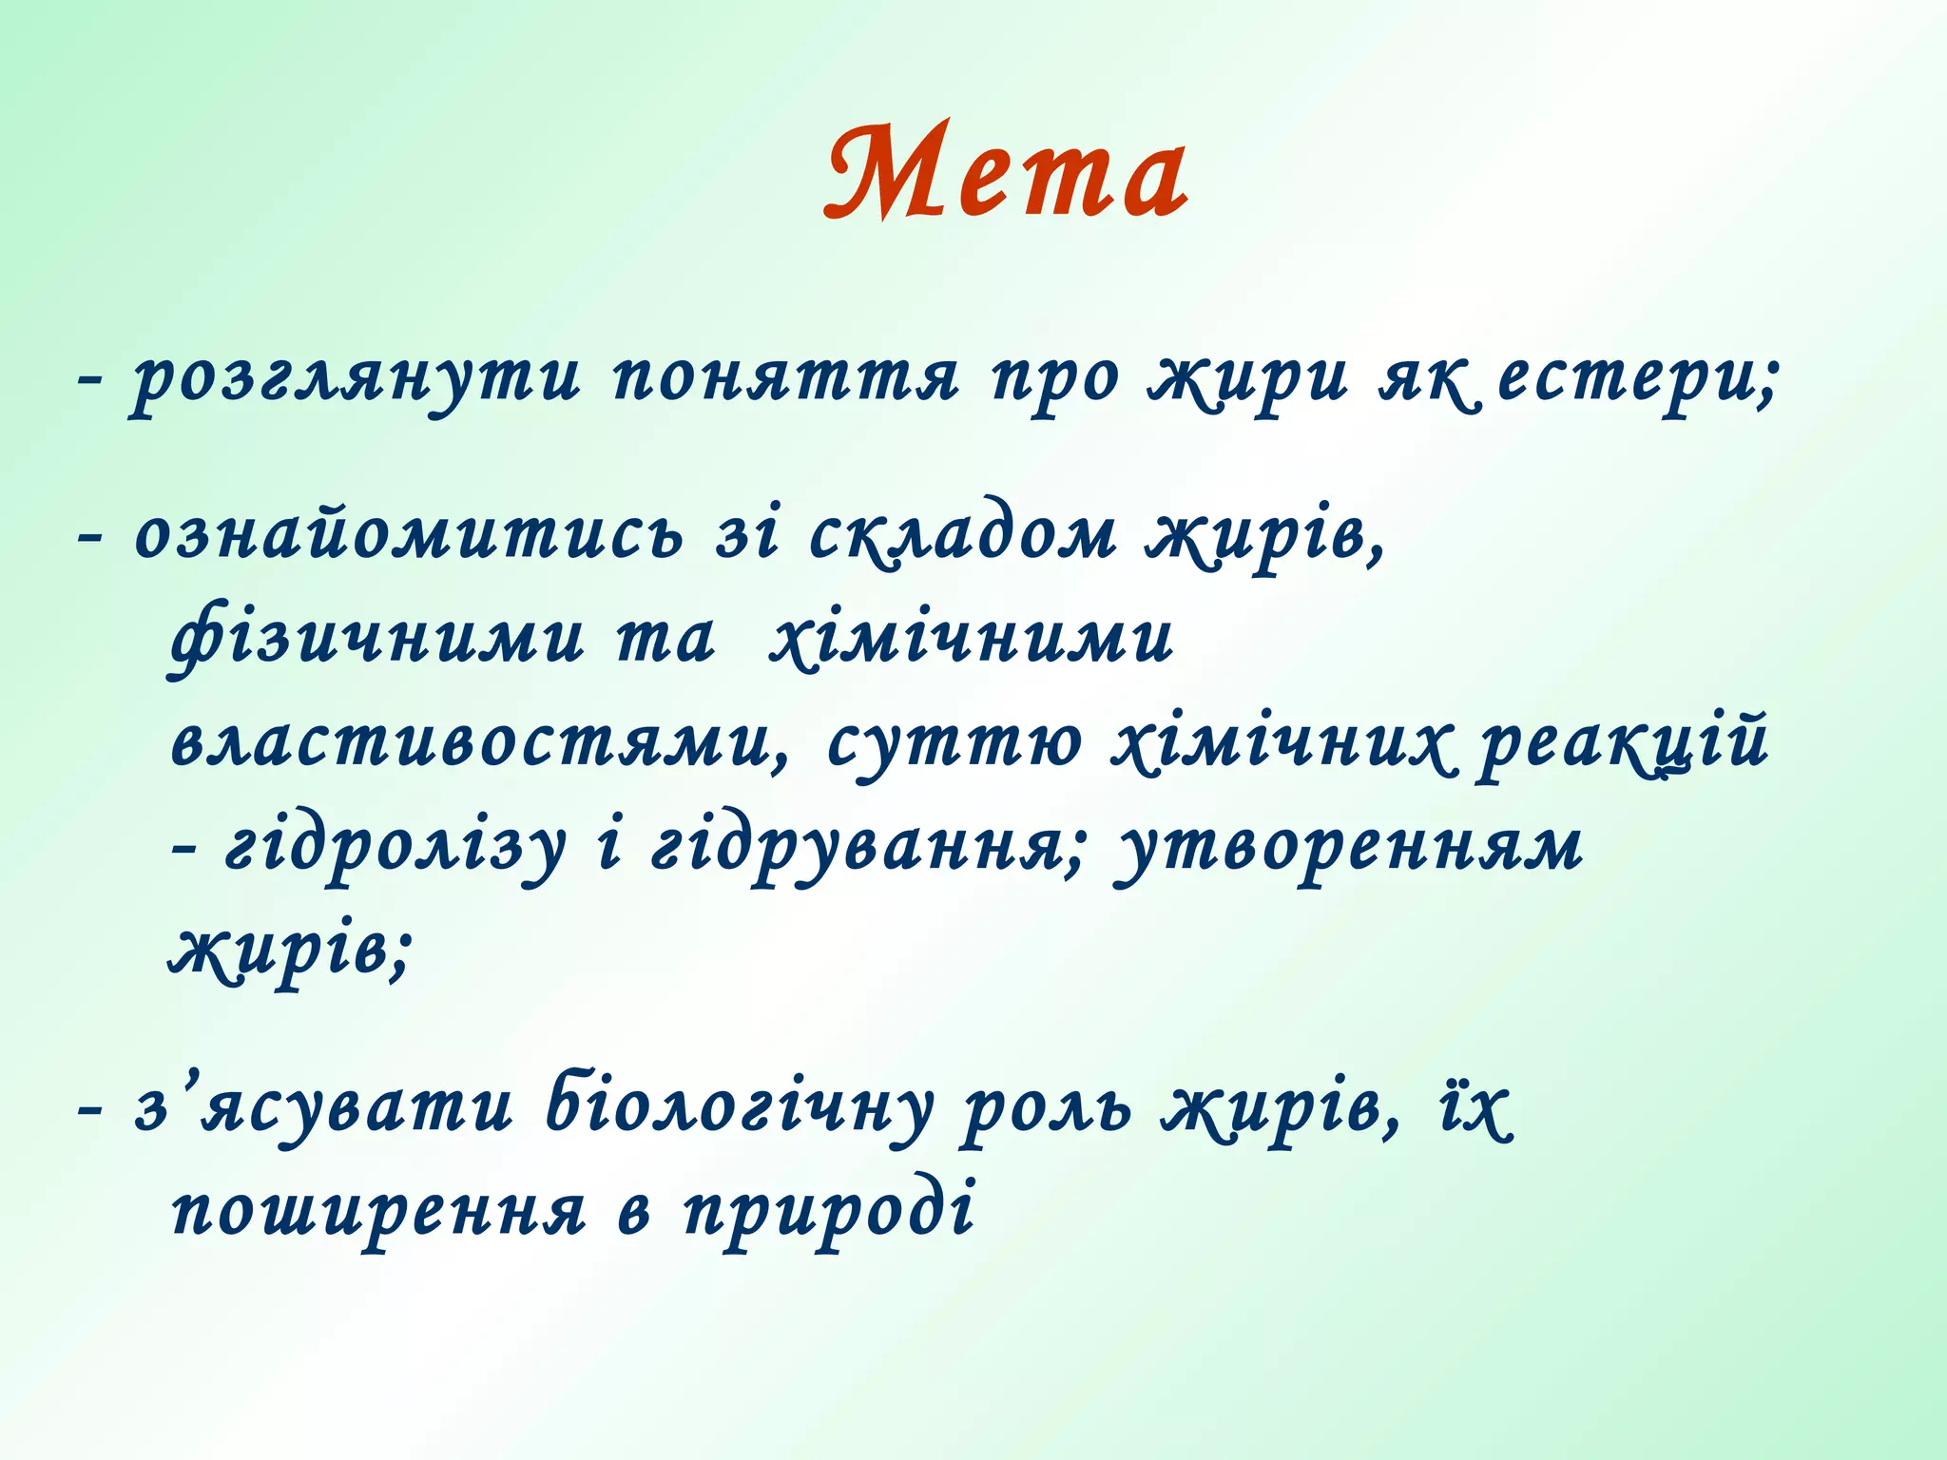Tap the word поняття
pos(785,379)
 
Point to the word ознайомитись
pos(409,534)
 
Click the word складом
pos(962,534)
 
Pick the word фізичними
pos(376,639)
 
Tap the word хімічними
pos(972,639)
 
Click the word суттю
pos(954,743)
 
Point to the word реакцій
pos(1622,743)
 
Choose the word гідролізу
pos(394,848)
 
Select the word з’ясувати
pos(323,1108)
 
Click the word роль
pos(1047,1108)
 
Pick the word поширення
pos(378,1213)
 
